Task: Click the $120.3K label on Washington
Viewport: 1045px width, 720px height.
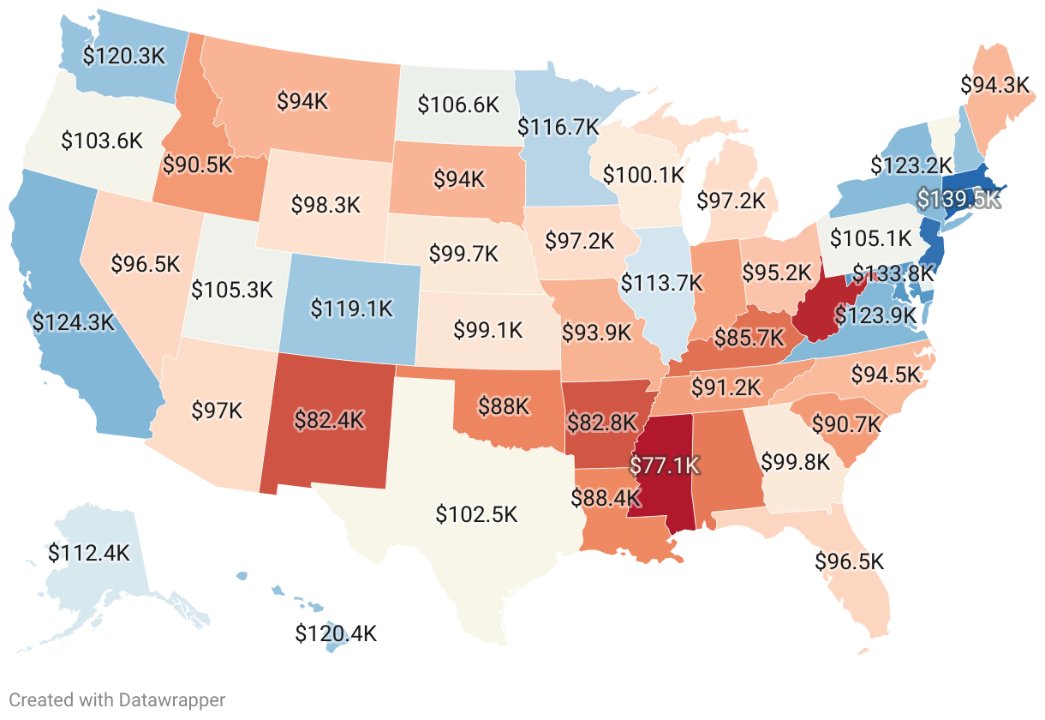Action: click(x=123, y=56)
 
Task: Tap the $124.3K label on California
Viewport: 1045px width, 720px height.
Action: click(x=72, y=322)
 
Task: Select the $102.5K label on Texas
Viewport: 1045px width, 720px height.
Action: click(x=476, y=514)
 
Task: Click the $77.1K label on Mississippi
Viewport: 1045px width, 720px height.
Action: click(x=665, y=465)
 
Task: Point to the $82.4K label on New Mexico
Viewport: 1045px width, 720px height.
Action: click(x=330, y=420)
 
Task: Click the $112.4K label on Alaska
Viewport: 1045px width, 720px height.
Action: click(x=88, y=553)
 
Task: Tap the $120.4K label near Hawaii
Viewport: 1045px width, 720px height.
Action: click(x=336, y=634)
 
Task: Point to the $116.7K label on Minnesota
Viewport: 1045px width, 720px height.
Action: click(x=558, y=127)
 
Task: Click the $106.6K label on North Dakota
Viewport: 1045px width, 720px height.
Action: click(x=457, y=105)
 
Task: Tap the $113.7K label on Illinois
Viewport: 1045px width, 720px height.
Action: click(x=662, y=281)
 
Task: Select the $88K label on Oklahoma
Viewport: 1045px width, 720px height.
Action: click(x=504, y=405)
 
